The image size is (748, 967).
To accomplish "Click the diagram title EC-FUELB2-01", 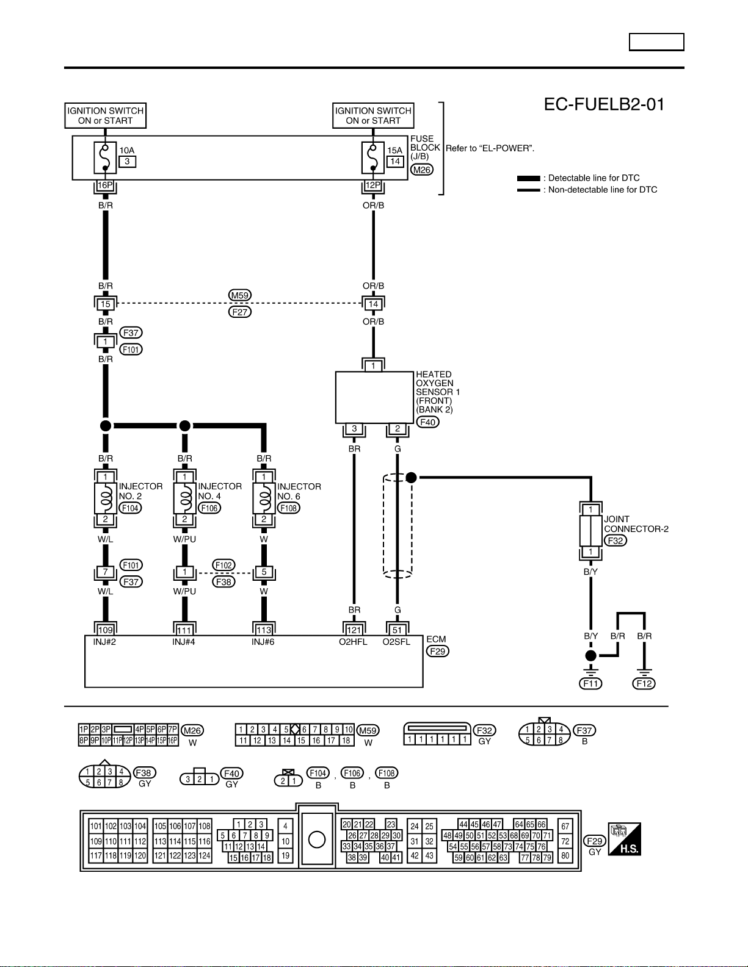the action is click(x=604, y=104).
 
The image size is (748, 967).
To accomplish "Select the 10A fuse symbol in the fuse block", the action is click(x=105, y=157).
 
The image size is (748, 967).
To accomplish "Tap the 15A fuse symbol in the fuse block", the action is click(x=373, y=157).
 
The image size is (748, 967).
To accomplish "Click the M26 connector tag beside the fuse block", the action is click(x=422, y=170).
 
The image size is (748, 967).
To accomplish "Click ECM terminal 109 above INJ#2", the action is click(x=106, y=630).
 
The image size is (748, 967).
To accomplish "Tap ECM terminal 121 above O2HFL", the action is click(x=354, y=630).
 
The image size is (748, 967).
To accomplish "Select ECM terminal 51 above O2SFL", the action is click(x=397, y=630).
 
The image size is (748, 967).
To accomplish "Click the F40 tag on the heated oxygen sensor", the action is click(x=427, y=422).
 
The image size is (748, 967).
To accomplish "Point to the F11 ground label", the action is click(x=590, y=683).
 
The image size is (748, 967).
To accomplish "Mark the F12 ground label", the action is click(x=644, y=683).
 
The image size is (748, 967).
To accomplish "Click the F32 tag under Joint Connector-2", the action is click(x=615, y=541).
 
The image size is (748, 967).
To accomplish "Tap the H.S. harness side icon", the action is click(x=624, y=839).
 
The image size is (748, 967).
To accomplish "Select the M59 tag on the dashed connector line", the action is click(x=240, y=295).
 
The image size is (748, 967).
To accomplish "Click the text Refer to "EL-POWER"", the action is click(x=490, y=148).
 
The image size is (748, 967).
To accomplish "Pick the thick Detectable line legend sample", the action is click(x=529, y=178).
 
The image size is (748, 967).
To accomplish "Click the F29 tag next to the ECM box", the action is click(x=438, y=651).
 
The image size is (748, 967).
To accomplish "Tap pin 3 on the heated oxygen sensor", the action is click(x=354, y=428).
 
